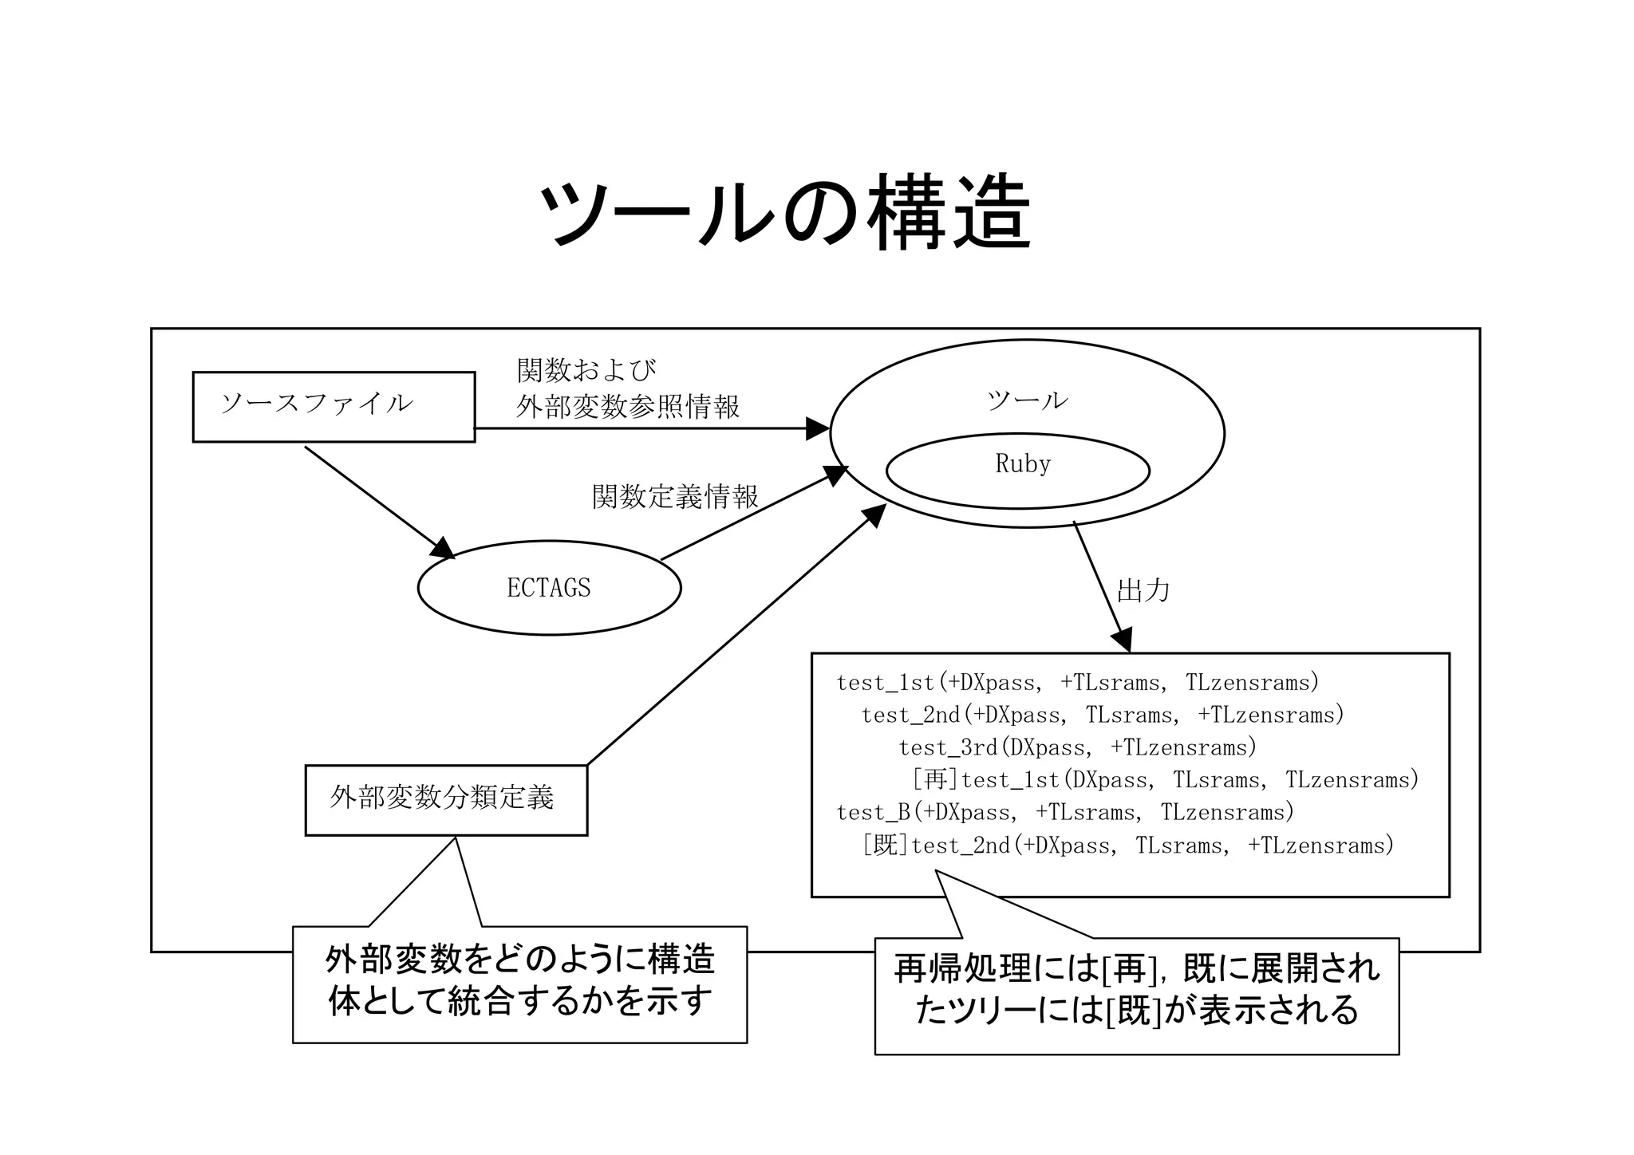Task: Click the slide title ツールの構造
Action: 785,212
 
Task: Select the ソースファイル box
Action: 334,406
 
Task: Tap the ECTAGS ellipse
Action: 549,588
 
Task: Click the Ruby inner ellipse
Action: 1018,471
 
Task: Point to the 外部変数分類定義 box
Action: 445,799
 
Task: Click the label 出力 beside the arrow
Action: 1143,591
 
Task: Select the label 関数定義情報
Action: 675,497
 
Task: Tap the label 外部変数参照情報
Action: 627,407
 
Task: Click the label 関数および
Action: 586,370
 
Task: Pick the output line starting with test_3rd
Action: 1077,747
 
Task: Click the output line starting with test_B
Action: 1064,812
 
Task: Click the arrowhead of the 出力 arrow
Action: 1122,641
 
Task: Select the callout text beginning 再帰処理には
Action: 1136,969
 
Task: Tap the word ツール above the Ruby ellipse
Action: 1027,400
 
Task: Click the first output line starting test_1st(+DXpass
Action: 1077,683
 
